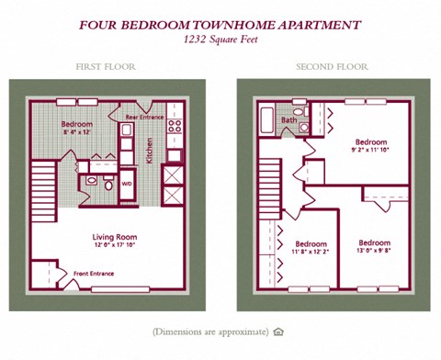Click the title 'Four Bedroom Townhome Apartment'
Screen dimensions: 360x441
[220, 25]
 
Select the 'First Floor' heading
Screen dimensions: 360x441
[100, 67]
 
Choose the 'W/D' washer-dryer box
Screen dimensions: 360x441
[126, 184]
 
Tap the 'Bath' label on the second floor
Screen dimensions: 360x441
[288, 119]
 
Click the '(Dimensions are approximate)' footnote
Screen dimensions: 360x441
[210, 331]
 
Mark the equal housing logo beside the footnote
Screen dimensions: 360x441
[278, 331]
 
